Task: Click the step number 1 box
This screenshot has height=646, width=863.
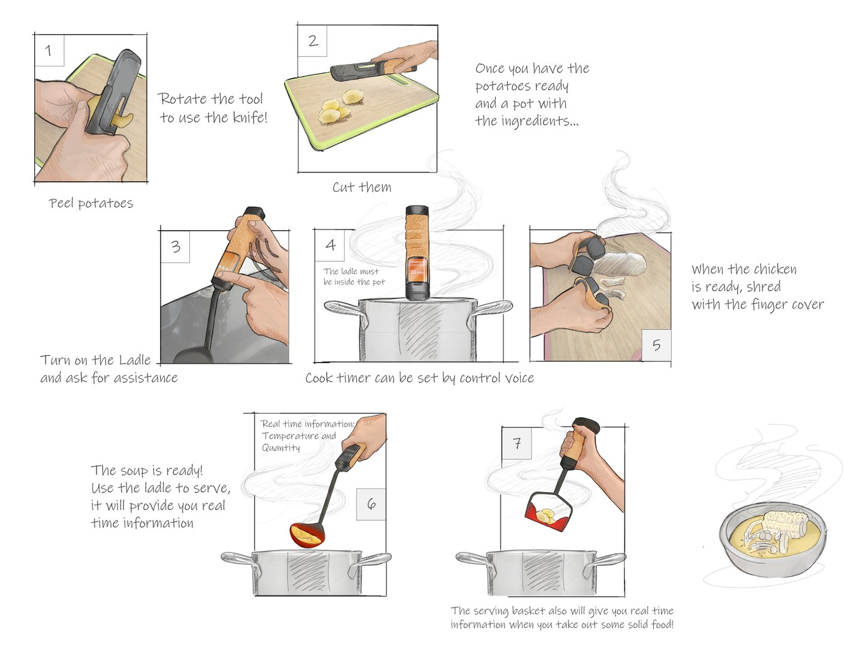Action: [49, 50]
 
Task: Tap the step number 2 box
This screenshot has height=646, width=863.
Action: [313, 41]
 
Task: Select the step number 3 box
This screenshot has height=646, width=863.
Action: [176, 247]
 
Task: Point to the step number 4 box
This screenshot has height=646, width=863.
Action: [330, 245]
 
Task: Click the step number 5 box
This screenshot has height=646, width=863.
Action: [656, 345]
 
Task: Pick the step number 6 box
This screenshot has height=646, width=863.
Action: [371, 504]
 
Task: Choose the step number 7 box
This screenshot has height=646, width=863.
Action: [517, 443]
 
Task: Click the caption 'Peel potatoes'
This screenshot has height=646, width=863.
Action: [91, 204]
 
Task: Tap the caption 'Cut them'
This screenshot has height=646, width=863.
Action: [362, 188]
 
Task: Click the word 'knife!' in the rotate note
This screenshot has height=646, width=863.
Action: [249, 117]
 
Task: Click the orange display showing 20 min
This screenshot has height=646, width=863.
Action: [416, 269]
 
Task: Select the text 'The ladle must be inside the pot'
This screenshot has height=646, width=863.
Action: [354, 277]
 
